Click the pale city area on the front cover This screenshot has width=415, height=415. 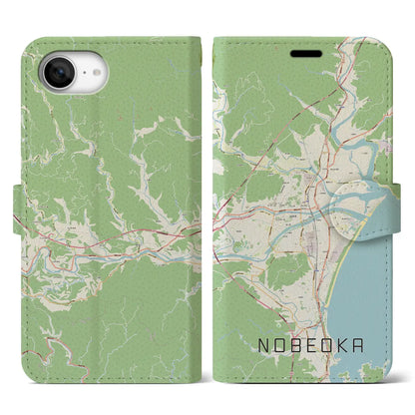point(304,200)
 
